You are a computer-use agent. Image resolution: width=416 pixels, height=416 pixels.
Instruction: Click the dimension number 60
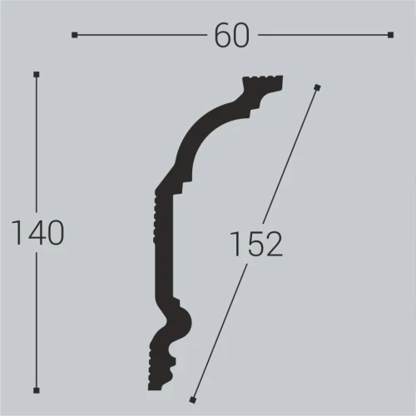point(231,35)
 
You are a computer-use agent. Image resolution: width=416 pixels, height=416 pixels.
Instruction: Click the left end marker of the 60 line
point(75,35)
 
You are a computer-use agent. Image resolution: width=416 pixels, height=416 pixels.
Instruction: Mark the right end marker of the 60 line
point(390,35)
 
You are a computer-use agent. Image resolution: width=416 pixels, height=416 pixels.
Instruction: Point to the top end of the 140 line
point(37,75)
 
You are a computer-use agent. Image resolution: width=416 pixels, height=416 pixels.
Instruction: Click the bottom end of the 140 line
point(37,389)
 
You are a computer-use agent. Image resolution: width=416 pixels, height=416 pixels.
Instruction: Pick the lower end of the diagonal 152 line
point(193,397)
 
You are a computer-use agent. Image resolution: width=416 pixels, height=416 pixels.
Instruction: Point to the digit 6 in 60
point(222,35)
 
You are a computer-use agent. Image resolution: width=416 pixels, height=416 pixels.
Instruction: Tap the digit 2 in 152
point(275,244)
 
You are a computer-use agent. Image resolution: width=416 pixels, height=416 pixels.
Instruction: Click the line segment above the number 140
point(37,141)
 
